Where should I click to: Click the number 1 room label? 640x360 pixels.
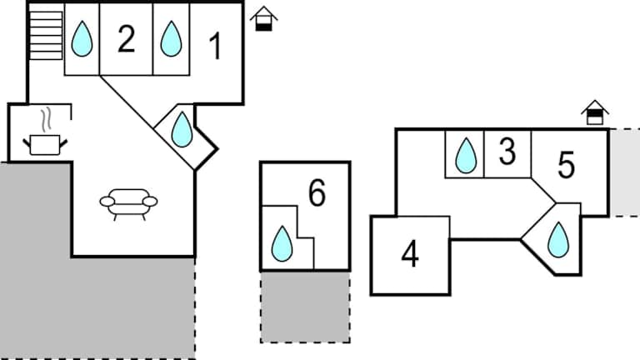[215, 47]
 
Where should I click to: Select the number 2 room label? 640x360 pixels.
[126, 39]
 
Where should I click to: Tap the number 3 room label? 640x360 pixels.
[507, 152]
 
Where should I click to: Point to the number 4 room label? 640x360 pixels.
[409, 254]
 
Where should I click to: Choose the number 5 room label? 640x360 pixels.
[567, 166]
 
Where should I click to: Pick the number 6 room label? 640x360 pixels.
[317, 193]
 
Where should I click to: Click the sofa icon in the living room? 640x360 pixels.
[128, 202]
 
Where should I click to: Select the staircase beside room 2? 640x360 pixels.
[47, 36]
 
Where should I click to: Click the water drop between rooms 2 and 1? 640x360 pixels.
[171, 38]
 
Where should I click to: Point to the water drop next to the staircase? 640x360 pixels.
[82, 39]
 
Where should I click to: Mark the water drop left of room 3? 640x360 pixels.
[465, 155]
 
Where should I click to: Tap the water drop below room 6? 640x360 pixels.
[282, 243]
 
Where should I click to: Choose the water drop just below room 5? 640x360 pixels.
[557, 240]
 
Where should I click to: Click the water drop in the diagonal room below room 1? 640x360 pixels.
[182, 130]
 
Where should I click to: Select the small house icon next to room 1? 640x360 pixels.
[264, 18]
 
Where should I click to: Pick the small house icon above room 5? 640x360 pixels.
[595, 112]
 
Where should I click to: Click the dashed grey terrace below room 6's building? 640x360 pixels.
[305, 306]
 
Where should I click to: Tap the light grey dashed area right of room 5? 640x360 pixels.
[624, 172]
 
